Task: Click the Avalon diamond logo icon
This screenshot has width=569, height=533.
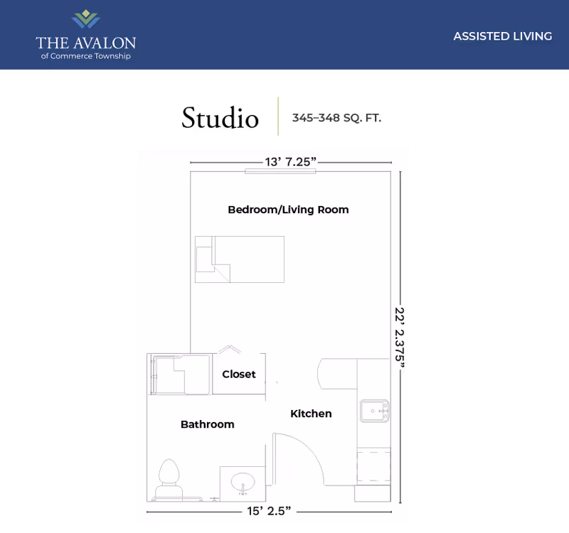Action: [86, 18]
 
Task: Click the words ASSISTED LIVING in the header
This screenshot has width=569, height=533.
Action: [502, 36]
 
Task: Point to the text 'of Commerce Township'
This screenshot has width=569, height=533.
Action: [86, 56]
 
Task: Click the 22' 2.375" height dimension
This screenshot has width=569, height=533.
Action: [402, 338]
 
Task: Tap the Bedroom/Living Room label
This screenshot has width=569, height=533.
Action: [288, 210]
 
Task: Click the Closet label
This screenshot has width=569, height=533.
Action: [238, 374]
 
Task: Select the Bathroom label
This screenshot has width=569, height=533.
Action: [207, 424]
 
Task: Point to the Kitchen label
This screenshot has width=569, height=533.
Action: [311, 414]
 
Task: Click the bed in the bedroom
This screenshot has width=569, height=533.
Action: [240, 259]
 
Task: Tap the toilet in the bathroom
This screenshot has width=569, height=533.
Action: [169, 478]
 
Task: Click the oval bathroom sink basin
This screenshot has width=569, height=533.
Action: [243, 483]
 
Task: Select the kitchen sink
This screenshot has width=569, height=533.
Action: [374, 411]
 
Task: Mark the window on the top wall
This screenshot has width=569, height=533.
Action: [270, 171]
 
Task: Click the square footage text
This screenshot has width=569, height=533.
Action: [336, 118]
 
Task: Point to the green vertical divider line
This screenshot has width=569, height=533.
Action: [277, 116]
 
